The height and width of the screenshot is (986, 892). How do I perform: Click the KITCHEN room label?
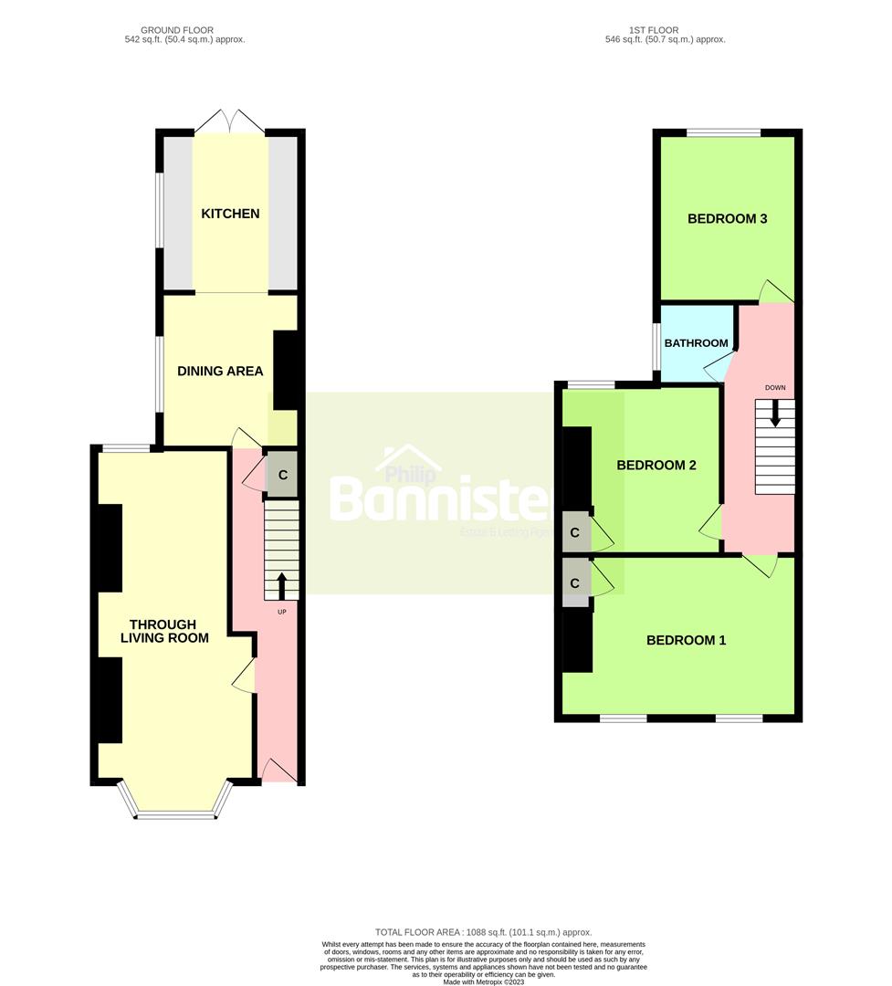click(230, 214)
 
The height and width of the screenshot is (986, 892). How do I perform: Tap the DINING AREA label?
click(220, 371)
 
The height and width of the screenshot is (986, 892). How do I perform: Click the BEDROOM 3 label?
click(727, 218)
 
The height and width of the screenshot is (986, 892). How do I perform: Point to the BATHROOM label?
click(696, 343)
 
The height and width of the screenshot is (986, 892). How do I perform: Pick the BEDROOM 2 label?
click(656, 465)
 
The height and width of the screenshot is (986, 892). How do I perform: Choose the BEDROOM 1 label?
click(686, 640)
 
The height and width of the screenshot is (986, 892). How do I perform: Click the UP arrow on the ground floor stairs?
click(281, 584)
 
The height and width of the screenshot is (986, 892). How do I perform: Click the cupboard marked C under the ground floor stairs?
click(282, 475)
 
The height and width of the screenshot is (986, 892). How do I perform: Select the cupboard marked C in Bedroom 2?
click(575, 532)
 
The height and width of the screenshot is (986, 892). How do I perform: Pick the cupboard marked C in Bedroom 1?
click(575, 582)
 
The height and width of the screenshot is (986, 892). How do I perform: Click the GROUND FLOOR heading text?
click(184, 35)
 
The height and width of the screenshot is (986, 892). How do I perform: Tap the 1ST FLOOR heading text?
click(665, 35)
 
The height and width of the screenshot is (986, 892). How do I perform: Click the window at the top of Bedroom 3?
click(723, 133)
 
